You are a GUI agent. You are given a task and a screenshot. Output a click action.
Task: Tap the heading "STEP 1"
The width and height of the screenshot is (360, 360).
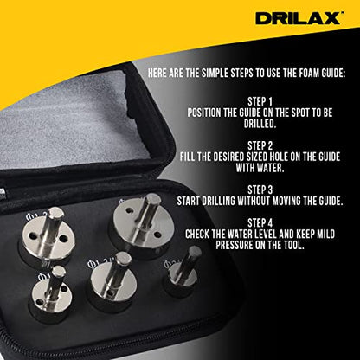[x=260, y=101]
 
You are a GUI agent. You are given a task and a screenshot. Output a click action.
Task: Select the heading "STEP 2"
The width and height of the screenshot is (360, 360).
[x=260, y=145]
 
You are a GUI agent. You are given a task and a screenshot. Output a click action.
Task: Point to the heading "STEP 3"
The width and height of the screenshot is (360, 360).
[x=260, y=190]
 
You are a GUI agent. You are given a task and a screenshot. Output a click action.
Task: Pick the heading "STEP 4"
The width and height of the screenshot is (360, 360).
[x=260, y=223]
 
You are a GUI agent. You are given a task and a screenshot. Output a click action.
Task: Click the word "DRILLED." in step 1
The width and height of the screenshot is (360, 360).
[x=260, y=124]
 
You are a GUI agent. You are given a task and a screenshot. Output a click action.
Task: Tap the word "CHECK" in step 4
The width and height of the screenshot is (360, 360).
[x=197, y=234]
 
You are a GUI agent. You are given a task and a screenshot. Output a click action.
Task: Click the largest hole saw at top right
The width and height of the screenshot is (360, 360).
[x=144, y=224]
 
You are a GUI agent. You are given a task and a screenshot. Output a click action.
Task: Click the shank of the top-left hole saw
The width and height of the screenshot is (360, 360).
[x=51, y=227]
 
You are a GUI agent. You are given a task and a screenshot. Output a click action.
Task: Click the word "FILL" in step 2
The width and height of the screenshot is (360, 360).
[x=187, y=157]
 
